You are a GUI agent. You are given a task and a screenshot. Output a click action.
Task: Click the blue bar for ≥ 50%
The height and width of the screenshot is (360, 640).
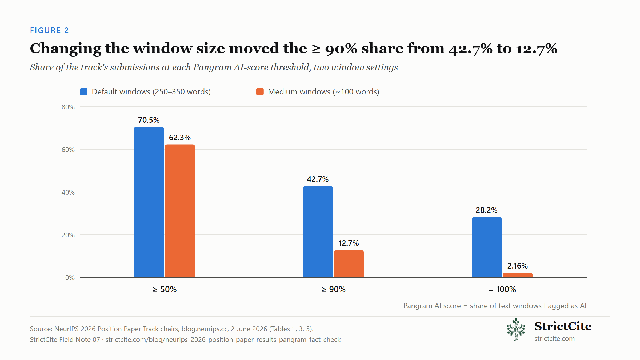149,202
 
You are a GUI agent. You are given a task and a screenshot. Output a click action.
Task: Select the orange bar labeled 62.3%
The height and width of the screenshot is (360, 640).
180,211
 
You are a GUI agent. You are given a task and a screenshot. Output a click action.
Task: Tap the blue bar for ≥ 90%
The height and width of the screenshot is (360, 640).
318,232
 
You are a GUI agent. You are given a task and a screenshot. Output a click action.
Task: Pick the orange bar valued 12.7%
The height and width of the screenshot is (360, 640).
349,264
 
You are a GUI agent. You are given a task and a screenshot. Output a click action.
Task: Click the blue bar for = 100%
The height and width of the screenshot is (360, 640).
486,247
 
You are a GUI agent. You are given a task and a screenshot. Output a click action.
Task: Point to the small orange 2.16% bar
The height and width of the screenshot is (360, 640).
517,275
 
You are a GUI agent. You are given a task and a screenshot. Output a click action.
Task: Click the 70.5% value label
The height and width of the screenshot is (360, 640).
149,120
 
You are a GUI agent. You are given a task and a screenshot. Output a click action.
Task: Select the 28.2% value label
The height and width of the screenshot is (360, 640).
486,210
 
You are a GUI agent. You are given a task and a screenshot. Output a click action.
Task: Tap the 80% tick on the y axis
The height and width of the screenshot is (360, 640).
68,107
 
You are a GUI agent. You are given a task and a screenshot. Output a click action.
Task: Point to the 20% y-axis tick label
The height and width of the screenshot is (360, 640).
68,235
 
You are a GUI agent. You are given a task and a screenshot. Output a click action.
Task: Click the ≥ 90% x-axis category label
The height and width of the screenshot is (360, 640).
333,289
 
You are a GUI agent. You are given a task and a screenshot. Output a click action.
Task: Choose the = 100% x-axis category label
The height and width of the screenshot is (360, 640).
502,289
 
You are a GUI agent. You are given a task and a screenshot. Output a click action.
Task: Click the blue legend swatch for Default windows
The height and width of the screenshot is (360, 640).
84,92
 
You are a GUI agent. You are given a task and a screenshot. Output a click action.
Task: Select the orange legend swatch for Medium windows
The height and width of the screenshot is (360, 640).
260,92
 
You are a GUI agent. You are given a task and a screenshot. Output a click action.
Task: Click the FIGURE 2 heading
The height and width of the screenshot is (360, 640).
49,30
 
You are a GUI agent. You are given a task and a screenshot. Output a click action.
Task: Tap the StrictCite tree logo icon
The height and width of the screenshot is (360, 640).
516,329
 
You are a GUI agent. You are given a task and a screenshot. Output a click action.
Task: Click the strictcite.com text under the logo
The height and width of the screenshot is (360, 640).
554,338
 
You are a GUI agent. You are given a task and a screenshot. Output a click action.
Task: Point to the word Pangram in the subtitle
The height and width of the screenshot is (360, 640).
212,67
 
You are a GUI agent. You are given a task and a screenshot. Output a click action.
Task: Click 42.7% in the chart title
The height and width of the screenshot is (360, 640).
470,49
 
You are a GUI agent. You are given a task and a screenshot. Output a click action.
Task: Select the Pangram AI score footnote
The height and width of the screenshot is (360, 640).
495,306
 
